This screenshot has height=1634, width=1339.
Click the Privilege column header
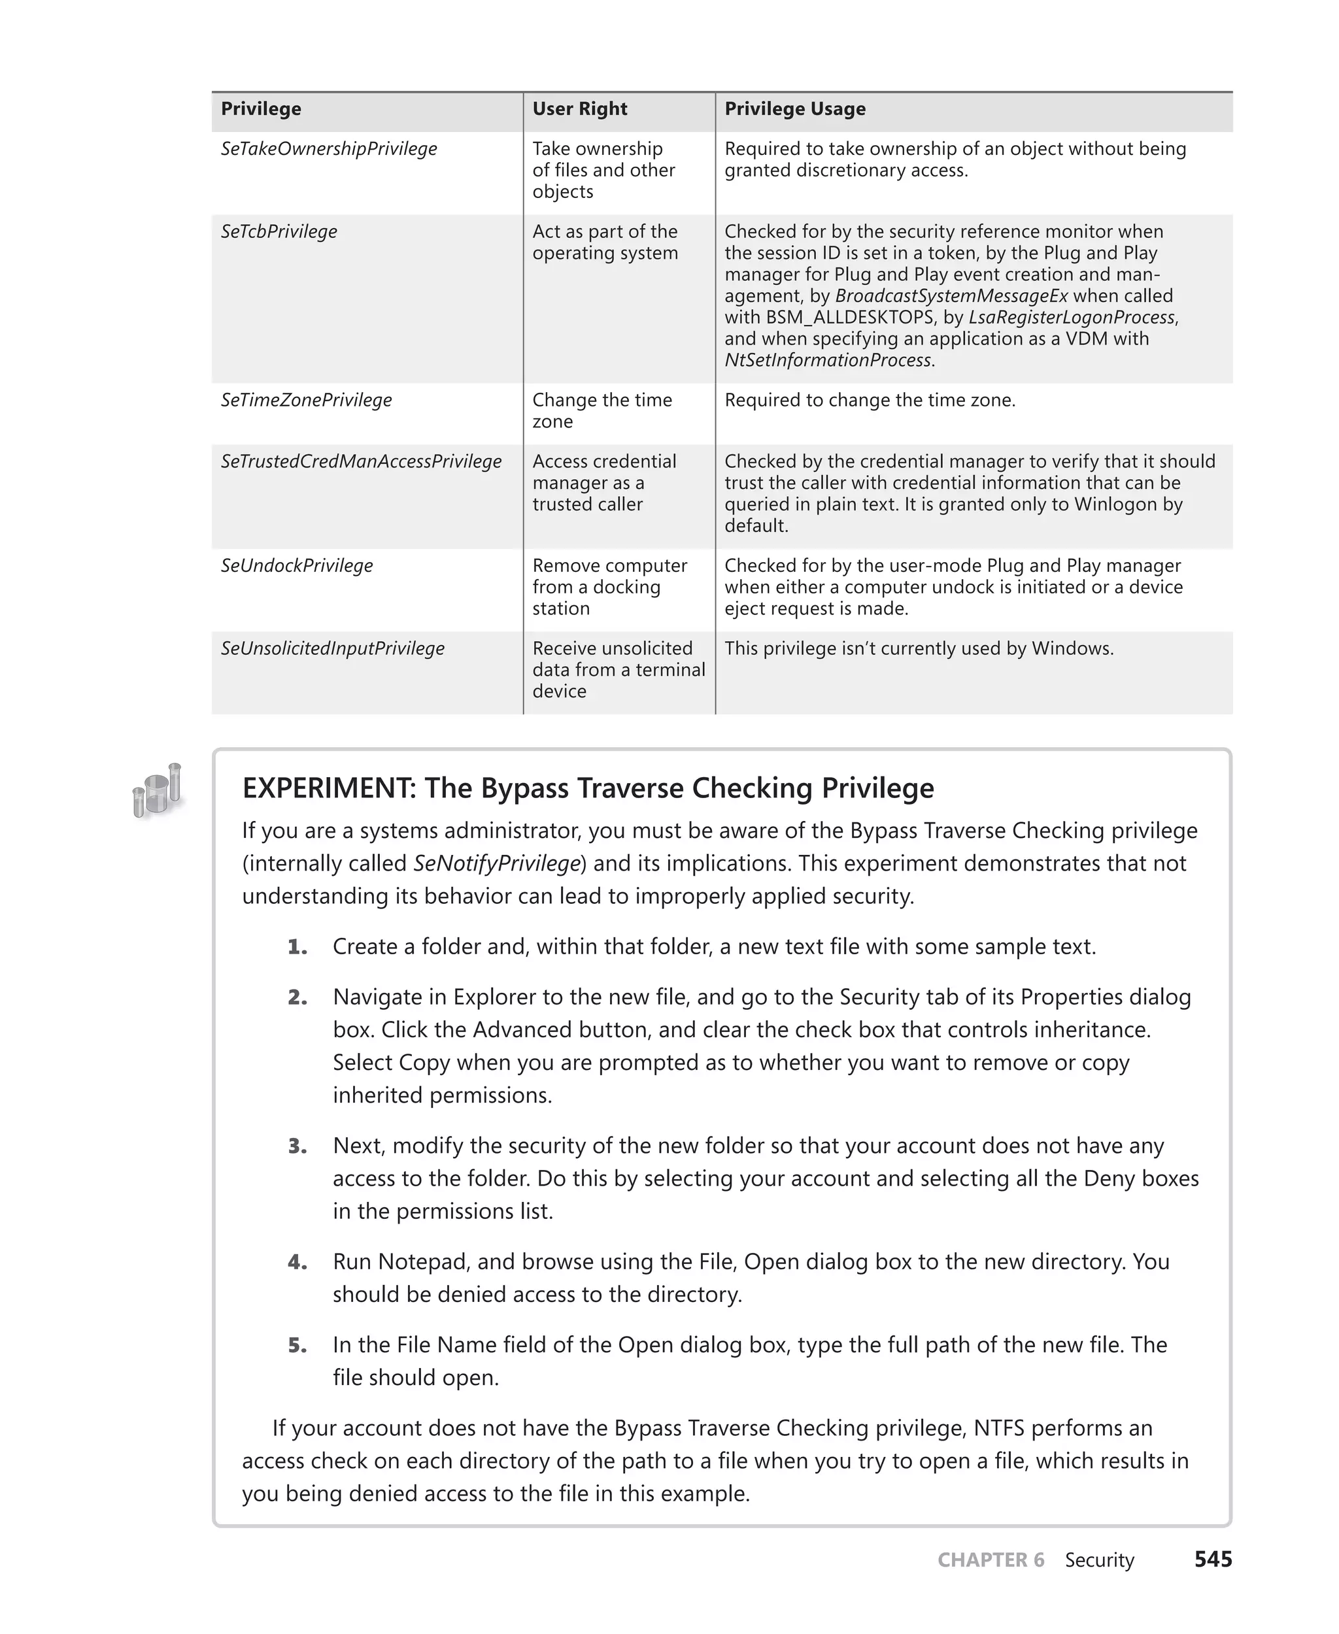(261, 108)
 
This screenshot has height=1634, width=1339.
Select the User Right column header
(579, 108)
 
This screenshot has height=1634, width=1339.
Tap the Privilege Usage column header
(794, 108)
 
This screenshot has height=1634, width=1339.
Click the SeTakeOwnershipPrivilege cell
(329, 149)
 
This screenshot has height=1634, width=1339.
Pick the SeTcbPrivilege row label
(279, 231)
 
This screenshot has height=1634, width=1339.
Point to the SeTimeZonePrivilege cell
(306, 400)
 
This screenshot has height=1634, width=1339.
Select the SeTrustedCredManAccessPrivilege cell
(361, 461)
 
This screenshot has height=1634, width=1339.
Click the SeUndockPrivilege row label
(296, 565)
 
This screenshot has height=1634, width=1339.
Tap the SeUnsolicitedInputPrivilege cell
(332, 648)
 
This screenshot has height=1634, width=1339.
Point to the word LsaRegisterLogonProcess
(1072, 318)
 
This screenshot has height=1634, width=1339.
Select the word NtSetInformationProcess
(828, 360)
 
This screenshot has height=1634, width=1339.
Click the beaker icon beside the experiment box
(158, 790)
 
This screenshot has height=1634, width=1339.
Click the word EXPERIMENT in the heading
(330, 788)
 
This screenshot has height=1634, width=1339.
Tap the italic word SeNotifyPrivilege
(497, 863)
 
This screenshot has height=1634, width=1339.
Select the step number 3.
(297, 1146)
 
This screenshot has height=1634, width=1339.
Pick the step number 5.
(297, 1346)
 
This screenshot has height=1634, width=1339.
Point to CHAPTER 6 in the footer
(991, 1560)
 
